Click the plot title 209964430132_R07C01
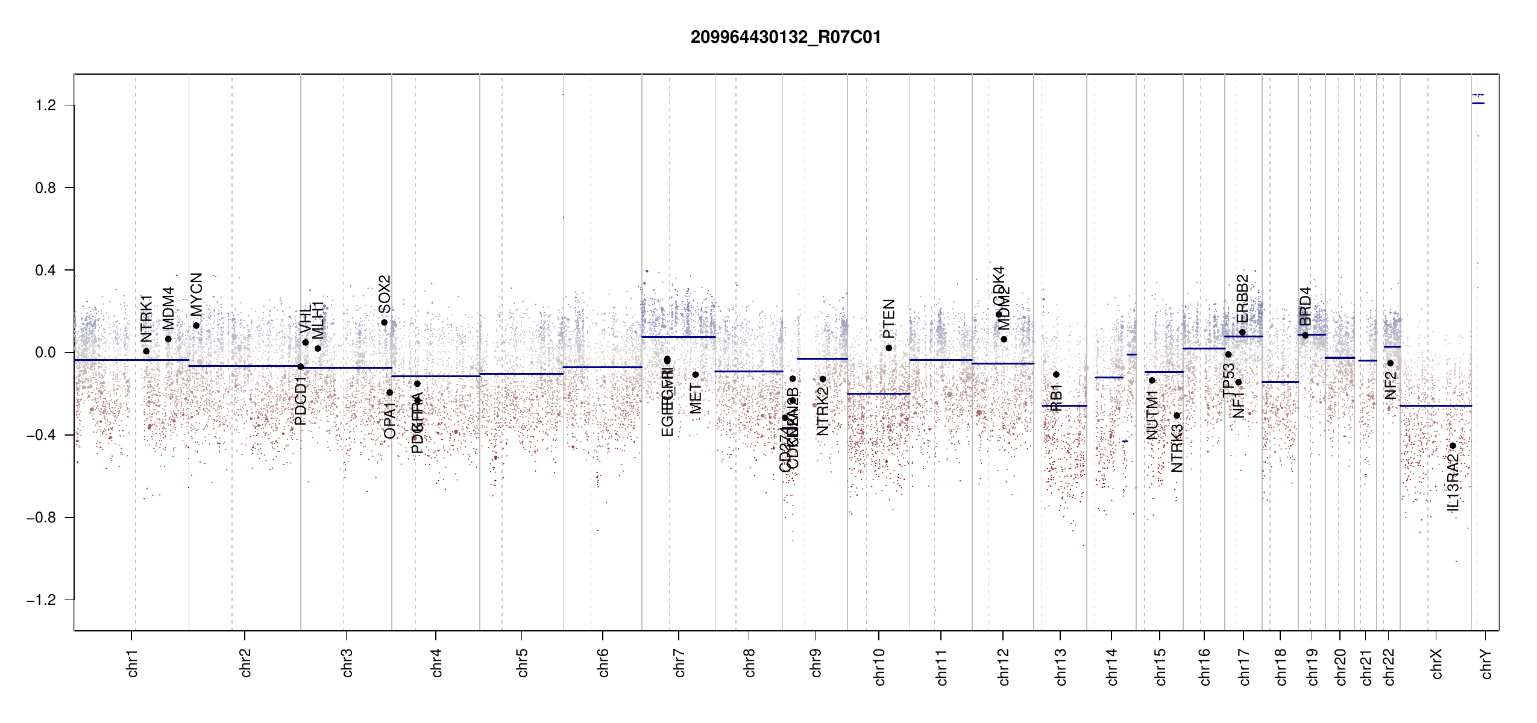[785, 37]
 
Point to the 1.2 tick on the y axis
[46, 105]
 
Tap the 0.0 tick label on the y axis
[46, 352]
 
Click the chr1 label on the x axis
[132, 663]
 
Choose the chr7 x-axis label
[679, 663]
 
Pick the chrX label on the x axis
[1436, 663]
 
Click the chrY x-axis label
[1486, 663]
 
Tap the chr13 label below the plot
[1060, 666]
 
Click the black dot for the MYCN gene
[196, 326]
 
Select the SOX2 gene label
[385, 294]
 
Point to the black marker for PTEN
[888, 348]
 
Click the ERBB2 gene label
[1242, 299]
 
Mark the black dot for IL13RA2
[1453, 446]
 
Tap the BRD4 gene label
[1306, 306]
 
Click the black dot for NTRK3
[1177, 416]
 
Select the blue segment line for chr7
[678, 337]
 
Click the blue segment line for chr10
[878, 393]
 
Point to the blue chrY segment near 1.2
[1478, 103]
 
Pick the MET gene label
[696, 399]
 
